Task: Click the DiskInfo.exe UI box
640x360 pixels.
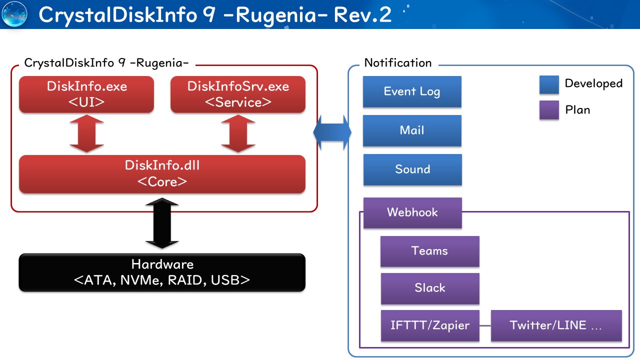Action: tap(87, 94)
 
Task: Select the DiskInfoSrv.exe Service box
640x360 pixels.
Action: tap(238, 94)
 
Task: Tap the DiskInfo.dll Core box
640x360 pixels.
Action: tap(162, 173)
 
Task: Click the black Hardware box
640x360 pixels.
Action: tap(162, 272)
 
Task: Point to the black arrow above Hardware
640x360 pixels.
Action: tap(162, 223)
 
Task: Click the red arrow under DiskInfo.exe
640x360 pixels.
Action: tap(87, 133)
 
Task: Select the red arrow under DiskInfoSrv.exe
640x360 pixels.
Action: tap(238, 133)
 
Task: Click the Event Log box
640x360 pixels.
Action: tap(412, 91)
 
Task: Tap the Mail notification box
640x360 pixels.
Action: tap(412, 130)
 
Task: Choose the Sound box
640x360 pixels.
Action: tap(412, 169)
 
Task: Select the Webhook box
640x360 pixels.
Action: tap(412, 212)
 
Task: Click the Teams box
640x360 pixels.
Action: tap(429, 251)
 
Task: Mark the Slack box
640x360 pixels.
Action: tap(429, 288)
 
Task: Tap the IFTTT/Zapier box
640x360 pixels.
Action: tap(429, 325)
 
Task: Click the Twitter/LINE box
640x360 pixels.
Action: tap(556, 325)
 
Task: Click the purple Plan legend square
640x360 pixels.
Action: tap(549, 110)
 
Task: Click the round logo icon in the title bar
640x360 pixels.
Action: tap(14, 14)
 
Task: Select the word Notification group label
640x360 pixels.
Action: tap(398, 63)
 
